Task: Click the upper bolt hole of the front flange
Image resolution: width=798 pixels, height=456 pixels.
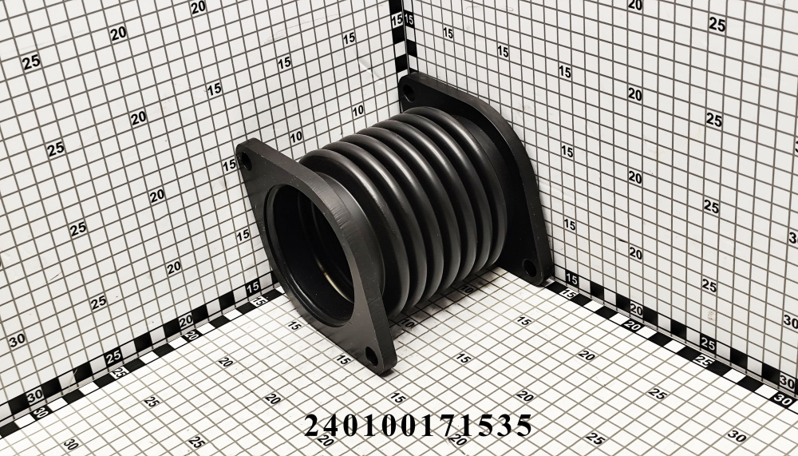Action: [245, 161]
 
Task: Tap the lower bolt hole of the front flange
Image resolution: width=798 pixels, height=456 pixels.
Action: [372, 355]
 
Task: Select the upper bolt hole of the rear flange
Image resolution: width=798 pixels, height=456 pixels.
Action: [409, 92]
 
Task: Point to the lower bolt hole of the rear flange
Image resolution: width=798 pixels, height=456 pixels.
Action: [529, 268]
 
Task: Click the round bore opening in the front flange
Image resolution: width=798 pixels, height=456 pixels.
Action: [310, 254]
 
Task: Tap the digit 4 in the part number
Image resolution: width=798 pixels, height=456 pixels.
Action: [333, 425]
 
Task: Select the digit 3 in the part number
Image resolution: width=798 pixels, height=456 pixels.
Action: [504, 425]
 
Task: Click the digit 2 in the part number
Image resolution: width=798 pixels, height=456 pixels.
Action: [314, 425]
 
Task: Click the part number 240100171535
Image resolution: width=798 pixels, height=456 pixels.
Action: [418, 425]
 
